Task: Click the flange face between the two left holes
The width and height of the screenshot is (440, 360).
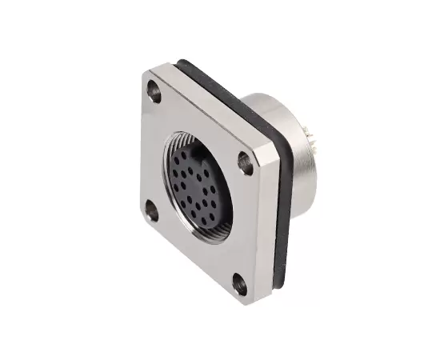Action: coord(152,152)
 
